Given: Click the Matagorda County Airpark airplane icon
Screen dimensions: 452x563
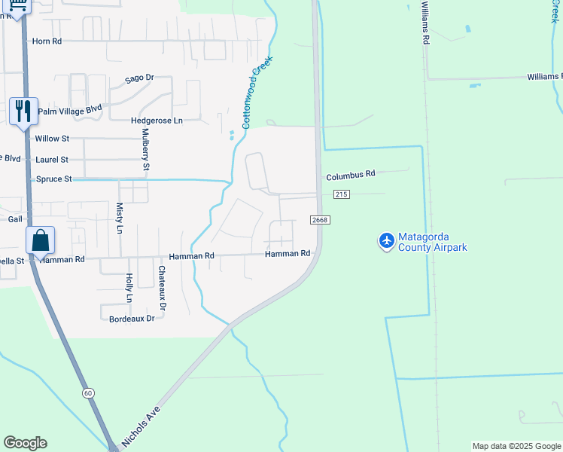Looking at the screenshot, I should click(387, 240).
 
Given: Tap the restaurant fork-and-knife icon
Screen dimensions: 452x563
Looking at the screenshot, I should click(22, 111).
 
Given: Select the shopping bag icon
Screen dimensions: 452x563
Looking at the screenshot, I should click(40, 241).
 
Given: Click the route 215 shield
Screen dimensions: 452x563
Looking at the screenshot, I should click(342, 194).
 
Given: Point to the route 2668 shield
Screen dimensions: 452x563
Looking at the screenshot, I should click(319, 219).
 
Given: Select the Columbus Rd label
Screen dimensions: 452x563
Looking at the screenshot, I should click(350, 175).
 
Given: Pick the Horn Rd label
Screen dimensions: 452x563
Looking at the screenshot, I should click(47, 41).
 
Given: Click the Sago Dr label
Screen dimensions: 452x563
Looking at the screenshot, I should click(139, 78).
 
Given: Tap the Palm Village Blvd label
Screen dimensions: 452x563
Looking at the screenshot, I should click(69, 110).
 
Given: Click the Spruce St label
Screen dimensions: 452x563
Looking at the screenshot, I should click(53, 179).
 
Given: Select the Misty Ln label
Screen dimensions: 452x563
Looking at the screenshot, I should click(119, 217).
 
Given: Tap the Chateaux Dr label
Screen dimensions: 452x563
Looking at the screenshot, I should click(162, 287).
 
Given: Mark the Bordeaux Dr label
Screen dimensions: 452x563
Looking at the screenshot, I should click(132, 319).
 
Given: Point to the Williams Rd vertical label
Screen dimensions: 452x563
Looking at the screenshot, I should click(425, 23).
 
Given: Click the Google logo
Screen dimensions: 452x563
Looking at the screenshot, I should click(25, 443).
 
